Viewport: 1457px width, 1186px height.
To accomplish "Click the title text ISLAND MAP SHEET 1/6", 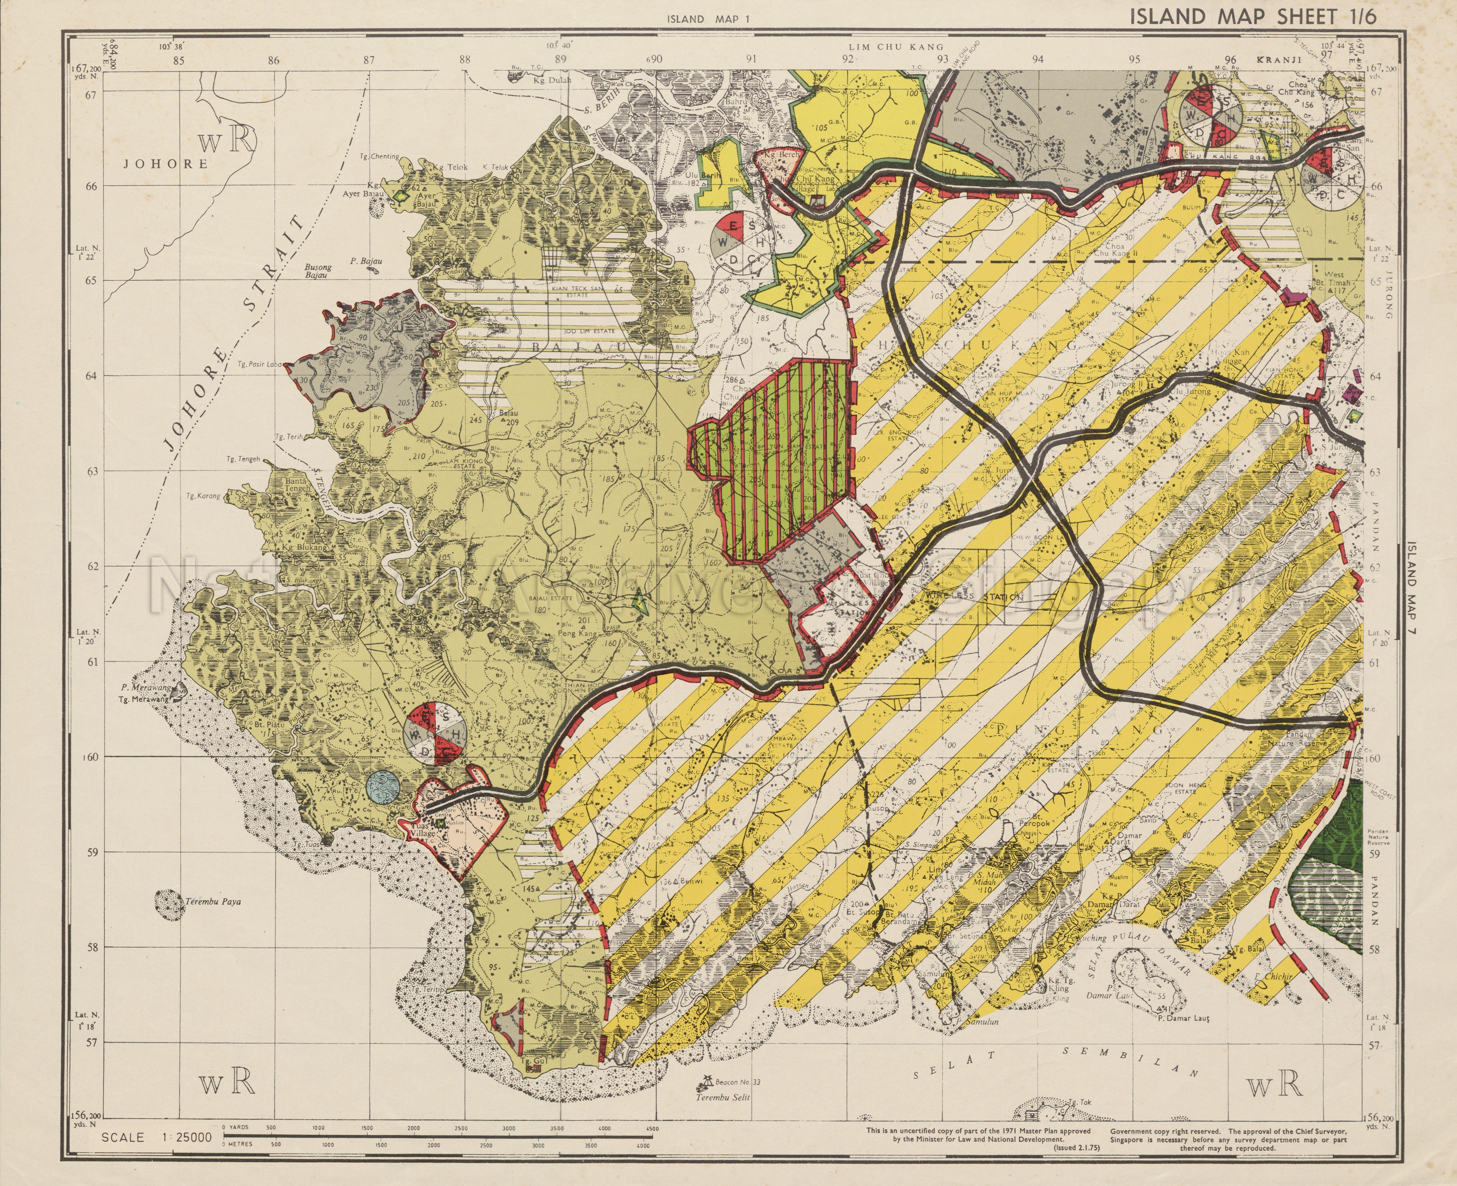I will pos(1253,16).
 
